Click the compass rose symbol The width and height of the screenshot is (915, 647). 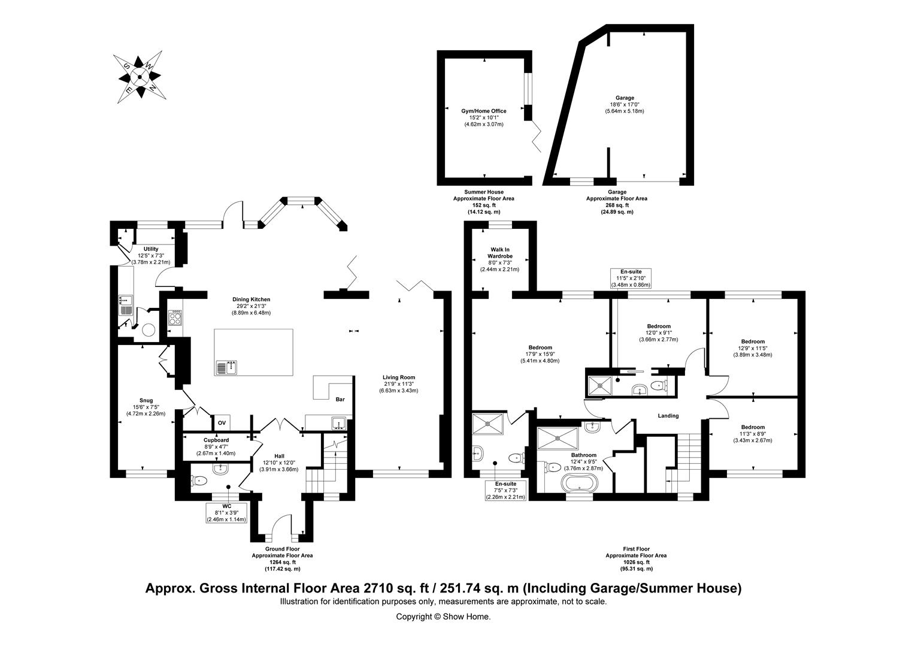(x=140, y=76)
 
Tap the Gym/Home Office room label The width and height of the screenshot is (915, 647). (x=483, y=111)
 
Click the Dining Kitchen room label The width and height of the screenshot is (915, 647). (x=252, y=300)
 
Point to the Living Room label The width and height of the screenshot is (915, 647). (x=398, y=377)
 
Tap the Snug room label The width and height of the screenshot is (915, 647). (x=146, y=400)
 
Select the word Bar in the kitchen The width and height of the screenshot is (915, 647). (x=340, y=399)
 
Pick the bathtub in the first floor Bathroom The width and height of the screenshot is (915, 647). (x=577, y=482)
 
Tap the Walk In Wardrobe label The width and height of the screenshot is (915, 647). (x=499, y=252)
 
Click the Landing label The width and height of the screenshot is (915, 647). (x=668, y=416)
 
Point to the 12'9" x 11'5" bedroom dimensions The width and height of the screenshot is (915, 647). (x=753, y=348)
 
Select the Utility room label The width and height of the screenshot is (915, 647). (x=151, y=249)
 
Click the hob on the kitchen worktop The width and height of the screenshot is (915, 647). (x=175, y=316)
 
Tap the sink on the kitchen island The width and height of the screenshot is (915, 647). (x=228, y=367)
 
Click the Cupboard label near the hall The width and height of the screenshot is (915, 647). (x=216, y=440)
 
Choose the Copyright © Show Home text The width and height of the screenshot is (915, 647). (x=443, y=616)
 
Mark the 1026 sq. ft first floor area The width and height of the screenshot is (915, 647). (x=635, y=562)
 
